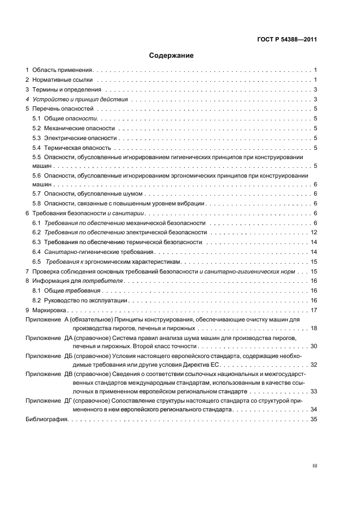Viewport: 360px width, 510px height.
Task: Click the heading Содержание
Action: (172, 56)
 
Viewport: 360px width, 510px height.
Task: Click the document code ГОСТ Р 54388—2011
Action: (286, 39)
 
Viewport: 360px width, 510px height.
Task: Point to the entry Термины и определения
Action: (66, 89)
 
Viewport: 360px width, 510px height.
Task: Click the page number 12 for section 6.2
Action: (314, 233)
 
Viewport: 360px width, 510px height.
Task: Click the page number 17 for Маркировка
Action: (314, 310)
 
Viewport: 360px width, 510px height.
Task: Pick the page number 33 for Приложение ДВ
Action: (314, 391)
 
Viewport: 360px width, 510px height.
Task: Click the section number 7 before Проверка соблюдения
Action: (28, 271)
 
